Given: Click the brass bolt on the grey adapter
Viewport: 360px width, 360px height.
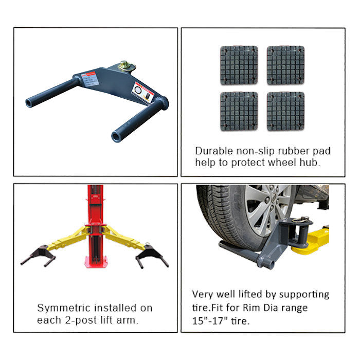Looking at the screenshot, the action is [127, 66].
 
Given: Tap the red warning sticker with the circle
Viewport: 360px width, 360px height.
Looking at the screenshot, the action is [143, 92].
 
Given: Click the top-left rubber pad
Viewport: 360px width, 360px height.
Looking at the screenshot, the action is [239, 65].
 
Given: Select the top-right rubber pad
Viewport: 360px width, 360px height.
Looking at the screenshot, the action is [285, 65].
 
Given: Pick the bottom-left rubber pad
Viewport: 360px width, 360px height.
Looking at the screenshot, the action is [239, 112].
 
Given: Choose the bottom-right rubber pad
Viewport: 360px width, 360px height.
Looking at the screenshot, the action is [285, 112].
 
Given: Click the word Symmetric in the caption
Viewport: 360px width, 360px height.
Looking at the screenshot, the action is [64, 308].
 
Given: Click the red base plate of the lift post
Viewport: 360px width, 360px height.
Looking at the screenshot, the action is [96, 262].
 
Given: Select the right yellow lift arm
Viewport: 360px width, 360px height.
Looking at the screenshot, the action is [124, 238].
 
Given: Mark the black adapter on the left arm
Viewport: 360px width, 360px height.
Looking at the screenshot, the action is [39, 255].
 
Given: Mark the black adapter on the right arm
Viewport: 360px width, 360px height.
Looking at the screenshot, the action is [152, 256].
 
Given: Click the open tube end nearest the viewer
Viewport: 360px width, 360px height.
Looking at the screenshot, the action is [116, 137].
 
